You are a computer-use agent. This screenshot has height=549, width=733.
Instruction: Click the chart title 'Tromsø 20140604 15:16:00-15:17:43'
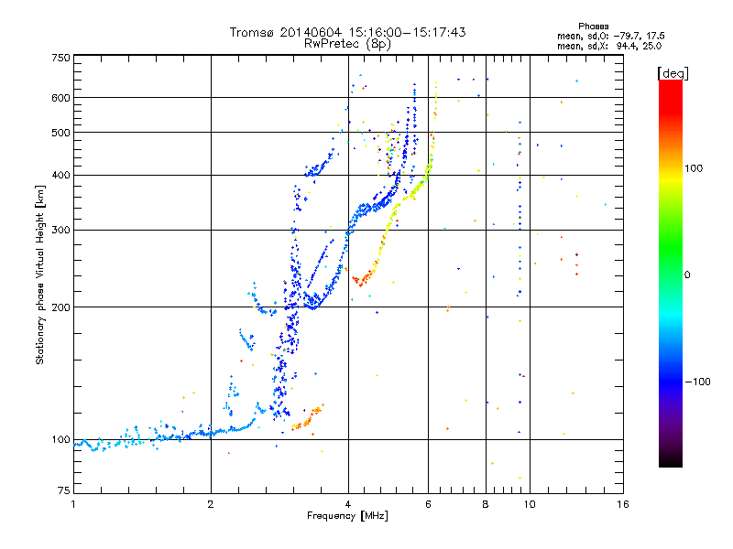pos(348,32)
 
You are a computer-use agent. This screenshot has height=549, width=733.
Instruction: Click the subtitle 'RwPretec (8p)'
pos(348,44)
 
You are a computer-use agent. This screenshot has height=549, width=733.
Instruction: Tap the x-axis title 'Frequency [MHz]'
pos(347,516)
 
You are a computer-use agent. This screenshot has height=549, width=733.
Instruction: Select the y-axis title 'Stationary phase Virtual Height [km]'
pos(40,274)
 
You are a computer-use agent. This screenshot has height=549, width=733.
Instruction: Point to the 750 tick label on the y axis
pos(60,58)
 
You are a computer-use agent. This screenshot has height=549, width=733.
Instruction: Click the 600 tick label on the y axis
pos(60,98)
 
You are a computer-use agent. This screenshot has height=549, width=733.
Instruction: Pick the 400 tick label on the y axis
pos(60,175)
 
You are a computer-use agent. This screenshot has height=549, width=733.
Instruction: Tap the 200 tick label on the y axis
pos(60,307)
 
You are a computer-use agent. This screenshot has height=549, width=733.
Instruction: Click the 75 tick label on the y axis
pos(64,490)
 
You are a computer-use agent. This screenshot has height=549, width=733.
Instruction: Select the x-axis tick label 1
pos(73,504)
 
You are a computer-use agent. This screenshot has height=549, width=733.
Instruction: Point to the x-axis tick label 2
pos(211,504)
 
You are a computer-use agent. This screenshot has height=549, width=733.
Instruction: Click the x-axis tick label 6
pos(428,504)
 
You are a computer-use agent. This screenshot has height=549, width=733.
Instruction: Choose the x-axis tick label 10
pos(530,504)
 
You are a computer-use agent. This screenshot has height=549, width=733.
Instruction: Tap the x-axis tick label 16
pos(623,504)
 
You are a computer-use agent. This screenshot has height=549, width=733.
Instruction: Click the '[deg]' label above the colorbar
pos(673,73)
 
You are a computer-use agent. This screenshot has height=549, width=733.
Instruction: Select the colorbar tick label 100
pos(694,168)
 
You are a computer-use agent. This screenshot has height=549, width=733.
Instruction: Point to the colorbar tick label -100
pos(697,382)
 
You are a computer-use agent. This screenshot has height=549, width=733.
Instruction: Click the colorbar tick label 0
pos(687,275)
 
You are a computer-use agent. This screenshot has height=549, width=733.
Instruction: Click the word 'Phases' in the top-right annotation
pos(593,27)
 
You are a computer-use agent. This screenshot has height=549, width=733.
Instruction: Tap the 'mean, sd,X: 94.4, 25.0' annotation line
pos(609,46)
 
